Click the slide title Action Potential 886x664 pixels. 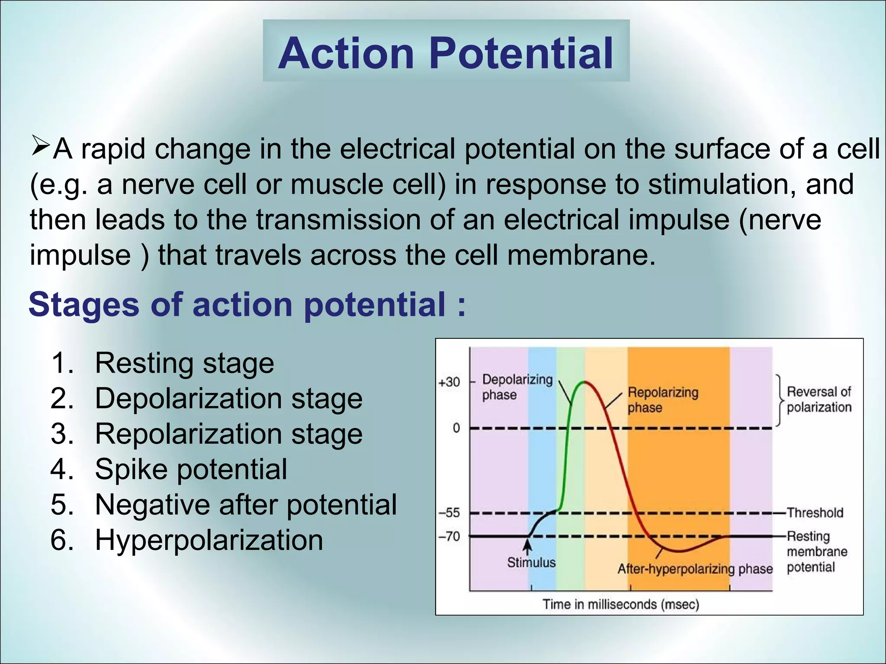click(446, 53)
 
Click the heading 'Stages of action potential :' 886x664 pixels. click(247, 305)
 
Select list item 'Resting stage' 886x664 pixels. click(184, 363)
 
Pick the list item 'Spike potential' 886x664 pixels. click(191, 469)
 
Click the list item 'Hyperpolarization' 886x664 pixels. click(209, 540)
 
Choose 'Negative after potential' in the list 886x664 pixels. click(245, 504)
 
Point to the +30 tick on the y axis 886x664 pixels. click(449, 382)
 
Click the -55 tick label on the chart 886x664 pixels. click(449, 513)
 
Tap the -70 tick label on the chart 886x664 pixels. click(449, 536)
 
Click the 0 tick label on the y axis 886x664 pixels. click(456, 428)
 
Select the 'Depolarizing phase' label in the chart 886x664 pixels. click(517, 387)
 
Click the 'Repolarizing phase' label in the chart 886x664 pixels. click(662, 400)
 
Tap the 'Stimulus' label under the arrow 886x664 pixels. click(531, 562)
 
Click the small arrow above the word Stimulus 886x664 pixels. click(527, 546)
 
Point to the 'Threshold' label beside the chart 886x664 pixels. click(815, 513)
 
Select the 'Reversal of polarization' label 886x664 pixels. click(819, 399)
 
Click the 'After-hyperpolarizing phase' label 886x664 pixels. click(695, 569)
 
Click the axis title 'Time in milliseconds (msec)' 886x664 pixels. click(621, 604)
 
